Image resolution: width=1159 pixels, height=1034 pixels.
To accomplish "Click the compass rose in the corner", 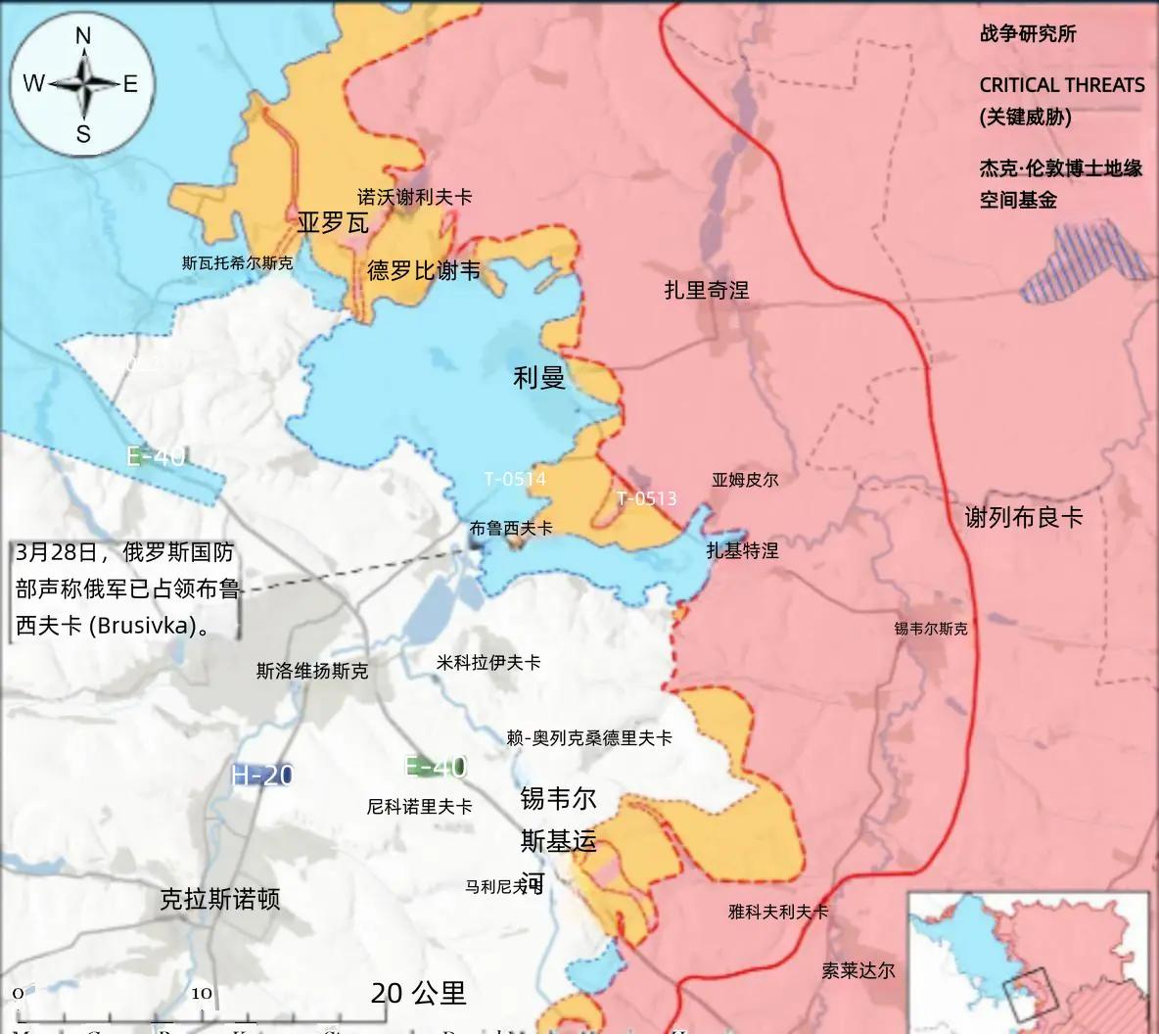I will (x=82, y=84).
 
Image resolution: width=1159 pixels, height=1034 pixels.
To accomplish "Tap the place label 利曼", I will (x=539, y=377).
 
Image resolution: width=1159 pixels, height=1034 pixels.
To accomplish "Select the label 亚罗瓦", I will (x=333, y=223).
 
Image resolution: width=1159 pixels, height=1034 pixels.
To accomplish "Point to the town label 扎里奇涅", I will (x=706, y=290).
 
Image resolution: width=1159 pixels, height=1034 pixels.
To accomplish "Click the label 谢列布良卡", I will (x=1024, y=517).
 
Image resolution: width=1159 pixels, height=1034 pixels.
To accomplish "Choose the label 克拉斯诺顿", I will (x=220, y=898).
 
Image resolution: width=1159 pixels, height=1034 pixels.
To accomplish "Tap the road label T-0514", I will (x=515, y=479).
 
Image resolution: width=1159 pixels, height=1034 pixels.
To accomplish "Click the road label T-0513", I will (x=646, y=498).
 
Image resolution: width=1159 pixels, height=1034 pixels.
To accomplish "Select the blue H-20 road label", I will (x=262, y=775).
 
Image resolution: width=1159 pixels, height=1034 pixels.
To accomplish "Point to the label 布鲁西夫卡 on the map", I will (x=511, y=528).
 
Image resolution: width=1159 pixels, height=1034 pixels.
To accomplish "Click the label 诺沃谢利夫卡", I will (x=414, y=197).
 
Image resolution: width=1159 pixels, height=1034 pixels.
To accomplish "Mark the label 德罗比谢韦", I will (x=424, y=269).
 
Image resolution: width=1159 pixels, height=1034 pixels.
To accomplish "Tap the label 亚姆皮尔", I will (x=745, y=480).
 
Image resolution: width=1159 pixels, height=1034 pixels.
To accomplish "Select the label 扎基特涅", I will (x=742, y=550).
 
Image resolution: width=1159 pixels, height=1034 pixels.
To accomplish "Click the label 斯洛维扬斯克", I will (x=312, y=671).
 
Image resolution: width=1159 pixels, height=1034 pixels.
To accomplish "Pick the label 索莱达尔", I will (x=858, y=970).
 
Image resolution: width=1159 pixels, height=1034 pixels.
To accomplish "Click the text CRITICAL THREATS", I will (x=1062, y=85).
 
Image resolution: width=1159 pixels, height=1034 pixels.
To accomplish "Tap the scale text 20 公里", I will (x=418, y=993).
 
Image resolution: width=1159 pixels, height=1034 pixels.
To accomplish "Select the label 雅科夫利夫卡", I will (x=778, y=912).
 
